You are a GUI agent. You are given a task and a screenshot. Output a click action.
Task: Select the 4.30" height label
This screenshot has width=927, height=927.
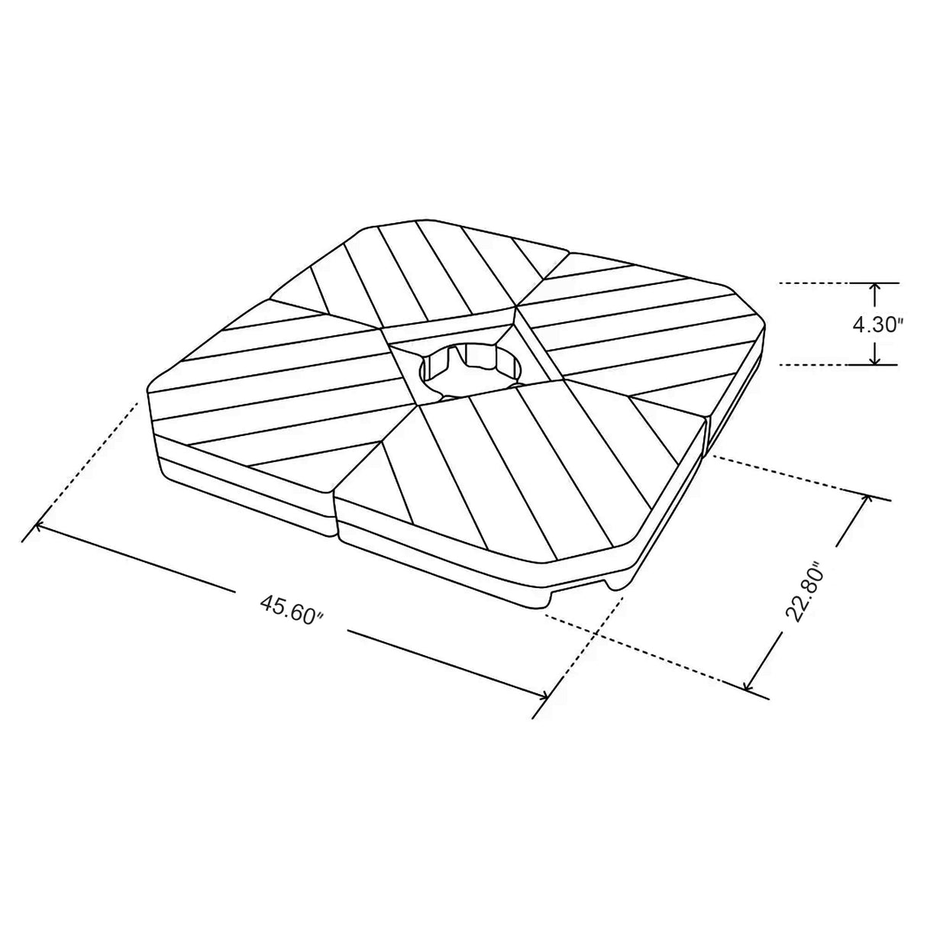[877, 325]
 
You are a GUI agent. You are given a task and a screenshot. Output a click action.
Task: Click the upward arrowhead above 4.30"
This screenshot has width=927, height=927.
[875, 288]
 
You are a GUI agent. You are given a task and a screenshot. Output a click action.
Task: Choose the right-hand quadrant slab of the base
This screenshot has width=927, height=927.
[641, 336]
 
